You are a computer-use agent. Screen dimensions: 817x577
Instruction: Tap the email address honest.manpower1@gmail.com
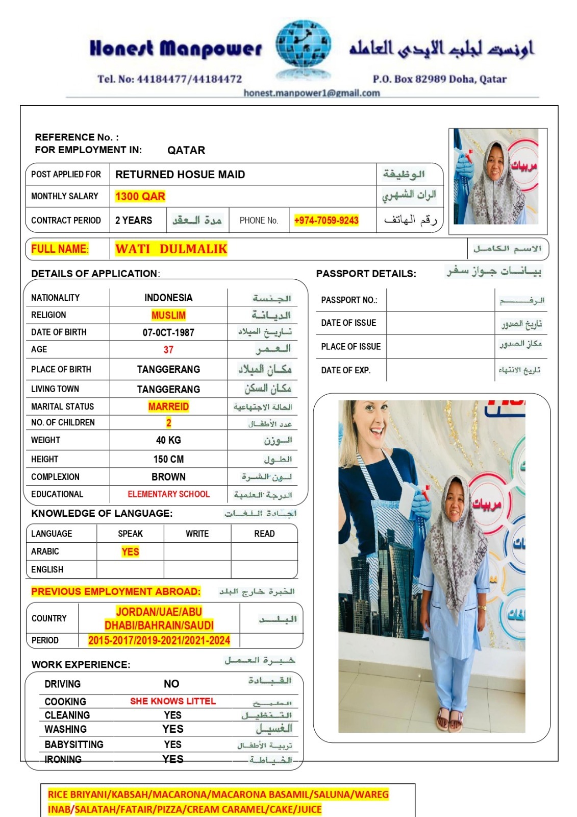click(312, 93)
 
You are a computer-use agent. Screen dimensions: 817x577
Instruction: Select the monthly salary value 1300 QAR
click(140, 197)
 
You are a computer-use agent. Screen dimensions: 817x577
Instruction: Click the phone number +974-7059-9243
click(327, 221)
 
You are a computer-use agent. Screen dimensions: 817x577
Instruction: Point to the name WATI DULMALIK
click(171, 249)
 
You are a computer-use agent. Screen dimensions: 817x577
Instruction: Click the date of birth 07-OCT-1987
click(168, 332)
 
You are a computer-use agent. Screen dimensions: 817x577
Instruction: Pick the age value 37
click(168, 350)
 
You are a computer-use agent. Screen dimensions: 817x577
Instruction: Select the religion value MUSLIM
click(168, 315)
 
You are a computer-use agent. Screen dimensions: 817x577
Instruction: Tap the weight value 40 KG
click(168, 440)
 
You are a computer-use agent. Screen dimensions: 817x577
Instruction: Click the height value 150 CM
click(168, 459)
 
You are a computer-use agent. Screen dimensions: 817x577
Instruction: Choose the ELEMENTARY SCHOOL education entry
click(168, 494)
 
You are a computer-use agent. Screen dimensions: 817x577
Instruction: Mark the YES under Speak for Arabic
click(130, 552)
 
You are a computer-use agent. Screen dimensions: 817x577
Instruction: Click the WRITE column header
click(197, 534)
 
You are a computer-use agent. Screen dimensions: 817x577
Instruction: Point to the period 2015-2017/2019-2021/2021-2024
click(159, 640)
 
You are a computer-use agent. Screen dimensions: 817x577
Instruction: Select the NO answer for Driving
click(171, 684)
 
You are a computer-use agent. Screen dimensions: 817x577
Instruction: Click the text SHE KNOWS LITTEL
click(173, 701)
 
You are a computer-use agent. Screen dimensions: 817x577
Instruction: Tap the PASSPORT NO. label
click(349, 300)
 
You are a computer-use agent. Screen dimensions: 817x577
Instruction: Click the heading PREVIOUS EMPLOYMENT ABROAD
click(116, 592)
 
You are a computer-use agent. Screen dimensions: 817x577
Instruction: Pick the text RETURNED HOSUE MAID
click(180, 175)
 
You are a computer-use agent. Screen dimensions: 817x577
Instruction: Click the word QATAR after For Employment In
click(186, 150)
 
